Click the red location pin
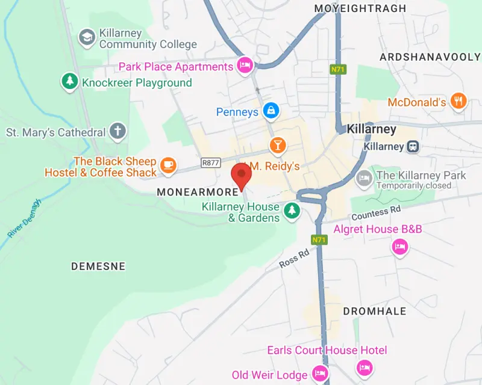[242, 174]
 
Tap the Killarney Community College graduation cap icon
[88, 38]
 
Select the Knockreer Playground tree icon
[70, 82]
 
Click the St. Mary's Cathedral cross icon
[118, 132]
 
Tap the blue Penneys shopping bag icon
[271, 111]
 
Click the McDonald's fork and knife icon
[459, 102]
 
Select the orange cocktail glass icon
[277, 144]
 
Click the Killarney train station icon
[413, 146]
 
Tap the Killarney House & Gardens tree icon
[292, 210]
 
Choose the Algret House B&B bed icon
[399, 247]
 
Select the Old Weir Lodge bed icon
[320, 374]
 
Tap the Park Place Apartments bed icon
[245, 66]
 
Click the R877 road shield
[211, 162]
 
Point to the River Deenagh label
[23, 217]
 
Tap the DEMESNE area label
[98, 266]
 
